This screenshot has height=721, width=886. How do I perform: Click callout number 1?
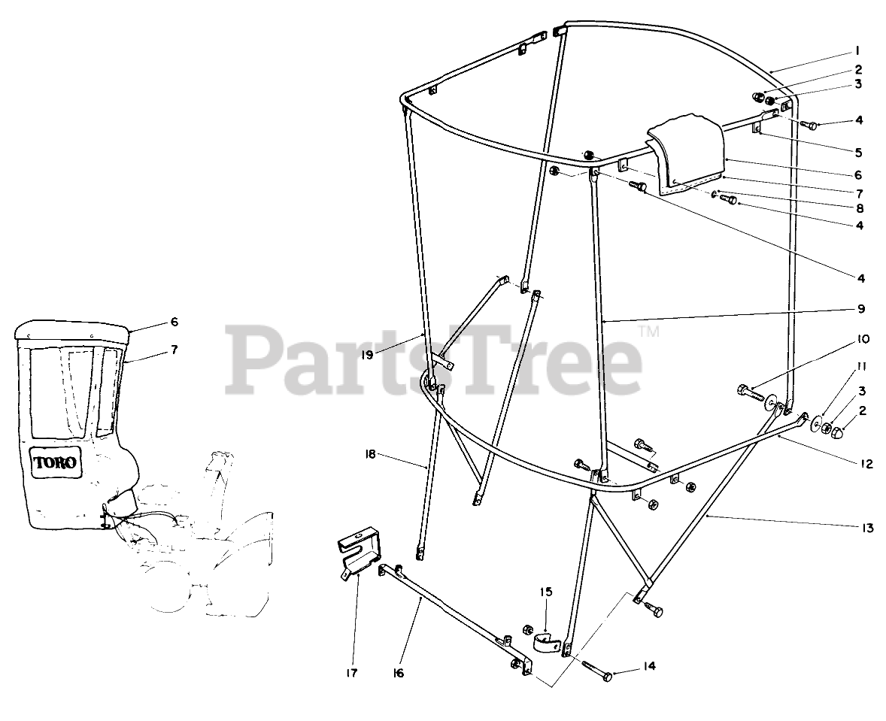pos(857,51)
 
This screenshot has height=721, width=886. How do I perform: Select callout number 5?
pos(858,152)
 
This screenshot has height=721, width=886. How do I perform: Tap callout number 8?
pos(859,208)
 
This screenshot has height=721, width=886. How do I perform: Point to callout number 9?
pos(860,309)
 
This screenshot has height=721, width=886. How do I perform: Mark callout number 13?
pos(868,529)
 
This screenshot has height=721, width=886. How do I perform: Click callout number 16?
pos(398,673)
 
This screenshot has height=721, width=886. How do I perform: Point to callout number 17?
pos(353,672)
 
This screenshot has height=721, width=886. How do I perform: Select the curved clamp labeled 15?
pos(546,643)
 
